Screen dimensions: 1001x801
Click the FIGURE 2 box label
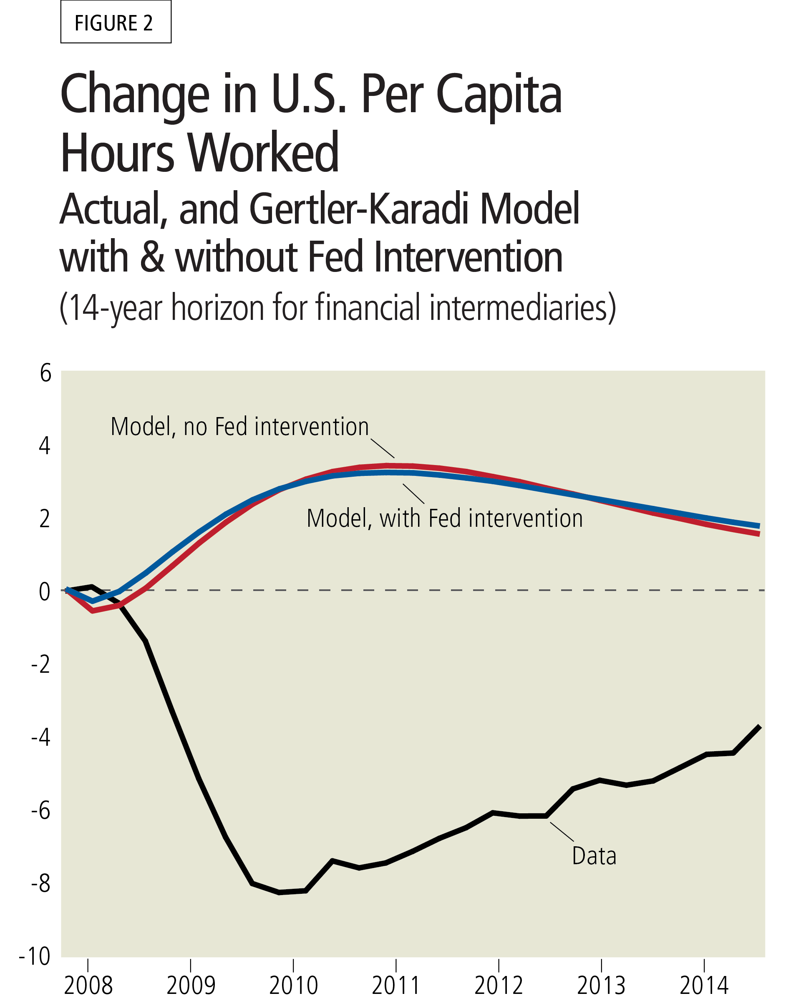[x=115, y=22]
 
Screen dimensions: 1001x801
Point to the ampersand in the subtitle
[x=152, y=258]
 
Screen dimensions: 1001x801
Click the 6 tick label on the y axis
[x=45, y=374]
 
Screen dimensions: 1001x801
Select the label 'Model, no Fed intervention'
[x=239, y=427]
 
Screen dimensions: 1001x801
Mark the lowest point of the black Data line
[x=279, y=893]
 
